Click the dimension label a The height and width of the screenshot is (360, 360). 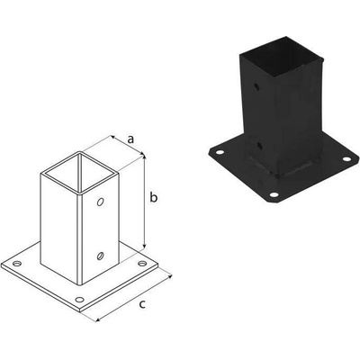(x=130, y=139)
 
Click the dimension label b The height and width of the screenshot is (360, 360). (x=153, y=197)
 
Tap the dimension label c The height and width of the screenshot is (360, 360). (x=142, y=304)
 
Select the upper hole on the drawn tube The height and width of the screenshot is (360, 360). (x=100, y=202)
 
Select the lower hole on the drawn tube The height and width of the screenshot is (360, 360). (x=100, y=256)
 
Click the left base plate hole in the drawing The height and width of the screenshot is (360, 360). (x=17, y=264)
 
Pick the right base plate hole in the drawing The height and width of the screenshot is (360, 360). (x=142, y=264)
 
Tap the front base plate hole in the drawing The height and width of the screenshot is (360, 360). (x=79, y=300)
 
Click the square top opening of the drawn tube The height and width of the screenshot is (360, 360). (x=79, y=172)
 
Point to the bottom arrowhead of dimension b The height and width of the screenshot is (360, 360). (x=145, y=247)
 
